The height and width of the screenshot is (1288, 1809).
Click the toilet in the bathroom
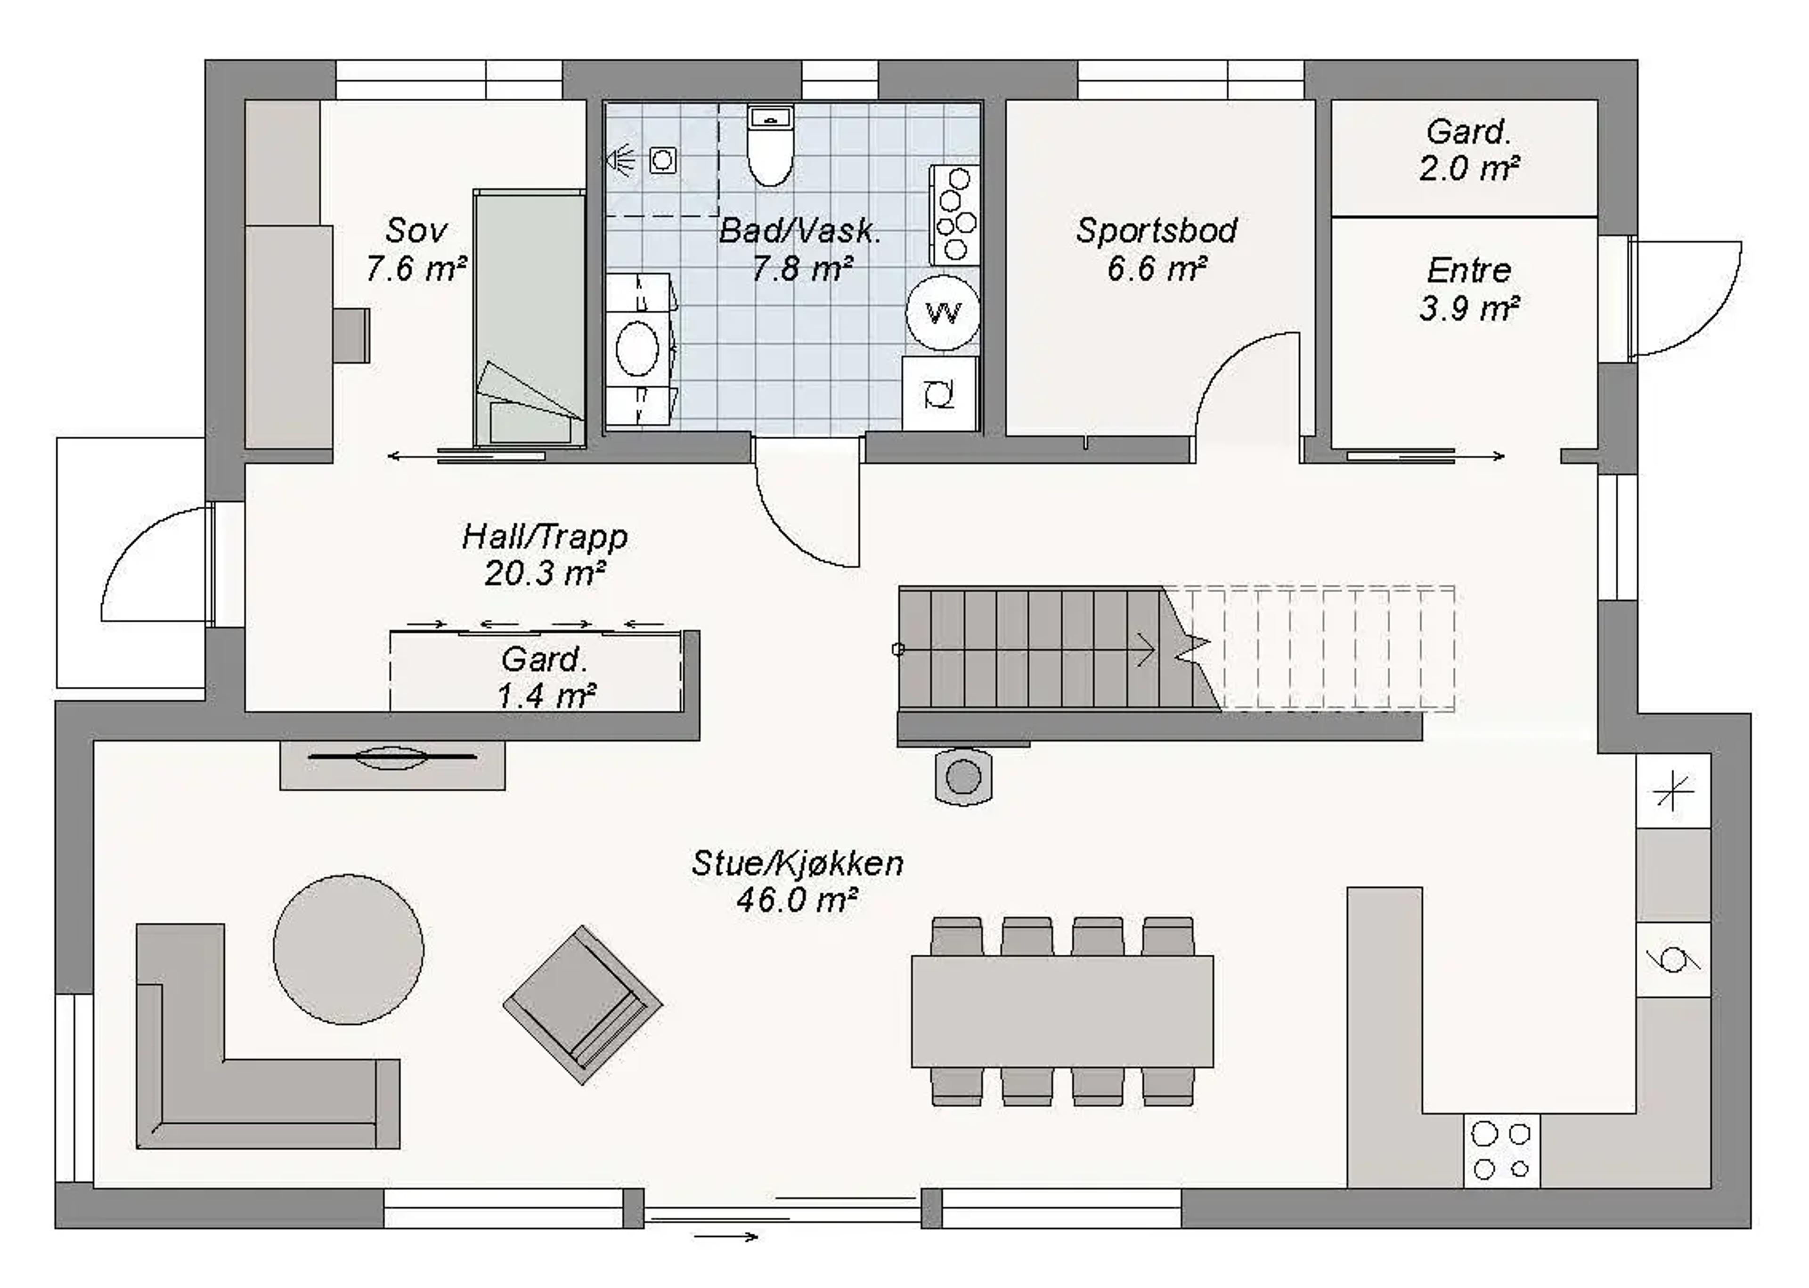click(x=770, y=147)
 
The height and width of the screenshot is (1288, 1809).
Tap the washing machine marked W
click(x=943, y=313)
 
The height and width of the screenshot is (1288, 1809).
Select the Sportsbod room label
click(x=1157, y=230)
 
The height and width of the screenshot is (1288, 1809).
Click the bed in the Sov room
click(x=529, y=317)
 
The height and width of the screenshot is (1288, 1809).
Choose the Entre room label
click(x=1468, y=270)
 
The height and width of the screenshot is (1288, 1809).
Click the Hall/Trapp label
click(x=545, y=537)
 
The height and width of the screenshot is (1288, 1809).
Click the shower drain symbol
click(x=662, y=160)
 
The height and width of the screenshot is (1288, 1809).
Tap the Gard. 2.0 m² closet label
click(x=1468, y=150)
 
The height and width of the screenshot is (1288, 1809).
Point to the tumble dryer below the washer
click(x=940, y=394)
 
